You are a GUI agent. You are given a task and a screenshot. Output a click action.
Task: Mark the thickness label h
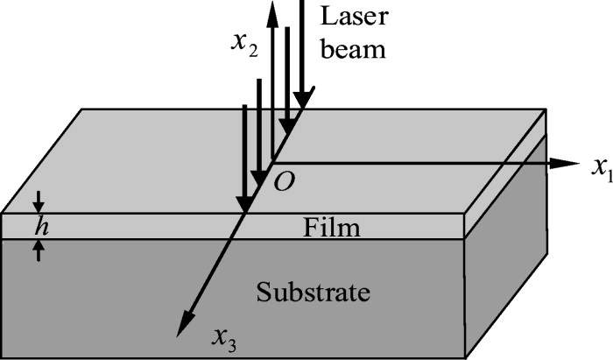click(38, 227)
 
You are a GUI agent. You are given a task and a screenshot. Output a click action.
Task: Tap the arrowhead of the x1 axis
click(573, 163)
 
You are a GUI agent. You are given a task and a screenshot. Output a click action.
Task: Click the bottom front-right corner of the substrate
click(463, 342)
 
